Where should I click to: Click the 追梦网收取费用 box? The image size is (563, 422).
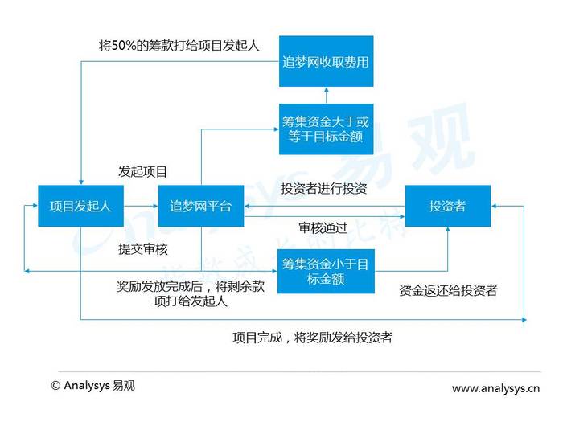point(326,61)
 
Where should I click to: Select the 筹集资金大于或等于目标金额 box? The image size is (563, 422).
point(326,129)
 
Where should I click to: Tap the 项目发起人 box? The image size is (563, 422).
point(80,206)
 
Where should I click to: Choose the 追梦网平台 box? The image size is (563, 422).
point(201,206)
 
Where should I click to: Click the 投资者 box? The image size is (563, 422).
point(448,206)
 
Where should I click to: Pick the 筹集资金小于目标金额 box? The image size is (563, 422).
point(326,272)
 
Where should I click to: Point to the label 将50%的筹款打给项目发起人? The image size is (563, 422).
point(179,46)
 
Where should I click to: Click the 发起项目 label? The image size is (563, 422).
point(143,172)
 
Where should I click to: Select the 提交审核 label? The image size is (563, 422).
point(143,249)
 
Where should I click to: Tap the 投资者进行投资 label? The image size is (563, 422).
point(324,188)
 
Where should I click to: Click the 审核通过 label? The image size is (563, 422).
point(323,227)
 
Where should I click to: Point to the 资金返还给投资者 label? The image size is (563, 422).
point(448,290)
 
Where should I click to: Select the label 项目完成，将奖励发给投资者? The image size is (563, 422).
point(312,338)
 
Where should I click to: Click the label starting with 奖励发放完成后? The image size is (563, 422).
point(191,293)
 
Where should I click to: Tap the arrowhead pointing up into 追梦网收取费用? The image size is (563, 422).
point(326,90)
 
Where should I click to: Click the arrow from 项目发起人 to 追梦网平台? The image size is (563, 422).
point(141,206)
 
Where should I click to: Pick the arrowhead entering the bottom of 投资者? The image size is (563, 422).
point(448,230)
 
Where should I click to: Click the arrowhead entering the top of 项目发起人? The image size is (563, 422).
point(81,182)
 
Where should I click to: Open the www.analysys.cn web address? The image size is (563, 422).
point(496,388)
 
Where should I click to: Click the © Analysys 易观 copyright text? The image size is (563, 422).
point(93,386)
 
